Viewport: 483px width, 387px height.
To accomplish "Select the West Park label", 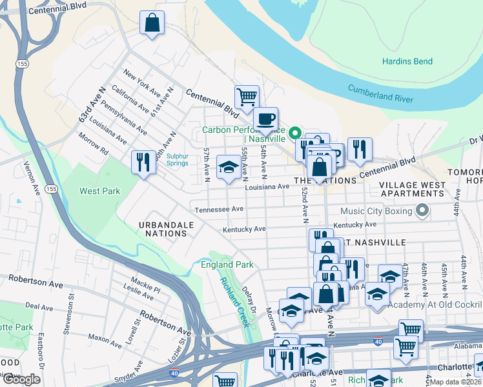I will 100,191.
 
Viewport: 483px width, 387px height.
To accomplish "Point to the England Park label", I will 227,264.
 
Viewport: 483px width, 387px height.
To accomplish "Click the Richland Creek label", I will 234,301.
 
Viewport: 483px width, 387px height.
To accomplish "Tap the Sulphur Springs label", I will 177,159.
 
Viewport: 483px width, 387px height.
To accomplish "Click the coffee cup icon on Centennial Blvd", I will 265,119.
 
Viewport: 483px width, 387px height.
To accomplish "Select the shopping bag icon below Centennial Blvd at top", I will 152,24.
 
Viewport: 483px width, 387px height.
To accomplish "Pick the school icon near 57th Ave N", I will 228,168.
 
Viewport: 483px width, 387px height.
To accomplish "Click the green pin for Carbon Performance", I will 295,134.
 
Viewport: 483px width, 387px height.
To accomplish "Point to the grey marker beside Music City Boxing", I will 422,210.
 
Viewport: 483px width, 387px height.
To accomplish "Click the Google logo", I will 21,379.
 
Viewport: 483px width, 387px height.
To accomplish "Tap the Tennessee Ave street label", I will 220,209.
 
